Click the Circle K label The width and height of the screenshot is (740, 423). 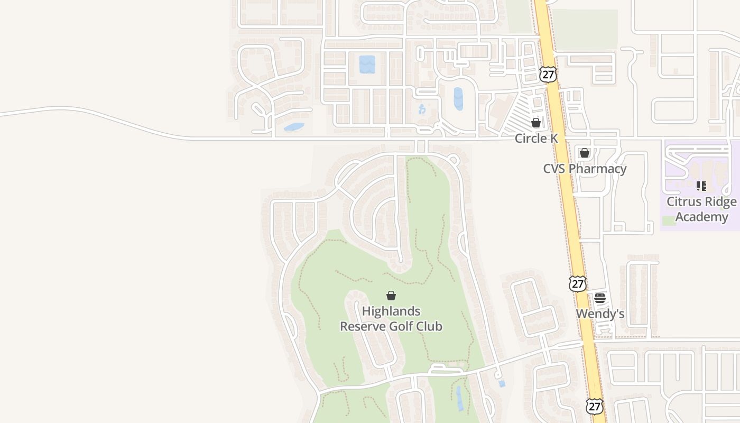coord(536,139)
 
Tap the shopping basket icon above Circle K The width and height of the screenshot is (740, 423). coord(536,123)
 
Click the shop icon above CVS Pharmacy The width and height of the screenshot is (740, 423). coord(584,153)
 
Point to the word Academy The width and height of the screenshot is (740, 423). coord(701,217)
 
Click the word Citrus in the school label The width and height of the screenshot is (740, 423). coord(682,202)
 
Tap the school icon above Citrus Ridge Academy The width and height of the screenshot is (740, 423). coord(701,186)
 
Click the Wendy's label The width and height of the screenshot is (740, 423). coord(600,314)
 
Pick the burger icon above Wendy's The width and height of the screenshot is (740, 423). coord(600,298)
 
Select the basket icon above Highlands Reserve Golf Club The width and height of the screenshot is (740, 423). coord(391,296)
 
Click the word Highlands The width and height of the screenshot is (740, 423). coord(391,311)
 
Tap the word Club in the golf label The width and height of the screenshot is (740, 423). coord(429,326)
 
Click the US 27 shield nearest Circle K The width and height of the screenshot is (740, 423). coord(549,75)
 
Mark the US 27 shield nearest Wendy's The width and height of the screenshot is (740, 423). coord(578,283)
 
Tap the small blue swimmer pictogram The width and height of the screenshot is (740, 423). coord(422,109)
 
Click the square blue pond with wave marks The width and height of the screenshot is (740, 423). coord(367,65)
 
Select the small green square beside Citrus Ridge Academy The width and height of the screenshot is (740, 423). coord(669,220)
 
